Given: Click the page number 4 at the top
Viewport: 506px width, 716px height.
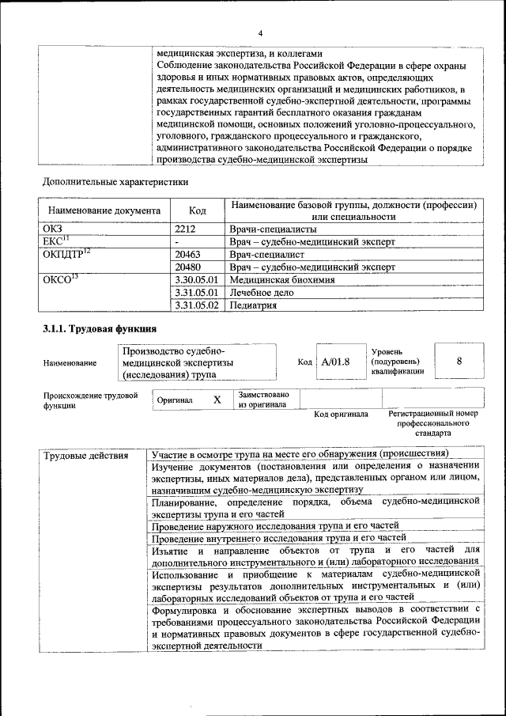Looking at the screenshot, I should (x=259, y=32).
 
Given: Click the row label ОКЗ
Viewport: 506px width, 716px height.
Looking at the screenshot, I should (x=53, y=228).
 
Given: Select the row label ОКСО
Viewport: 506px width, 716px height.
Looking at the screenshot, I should (x=59, y=279).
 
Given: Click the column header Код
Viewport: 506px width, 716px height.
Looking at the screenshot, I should (x=198, y=210).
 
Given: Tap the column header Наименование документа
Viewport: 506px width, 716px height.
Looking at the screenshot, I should (x=104, y=210).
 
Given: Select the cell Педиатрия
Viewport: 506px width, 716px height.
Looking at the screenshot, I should (x=253, y=305).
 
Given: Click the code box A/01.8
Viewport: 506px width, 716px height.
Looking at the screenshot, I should (x=335, y=362).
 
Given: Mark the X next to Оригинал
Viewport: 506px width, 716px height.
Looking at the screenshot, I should (x=217, y=400).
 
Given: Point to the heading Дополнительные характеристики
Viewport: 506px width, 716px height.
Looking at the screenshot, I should (x=115, y=182).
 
